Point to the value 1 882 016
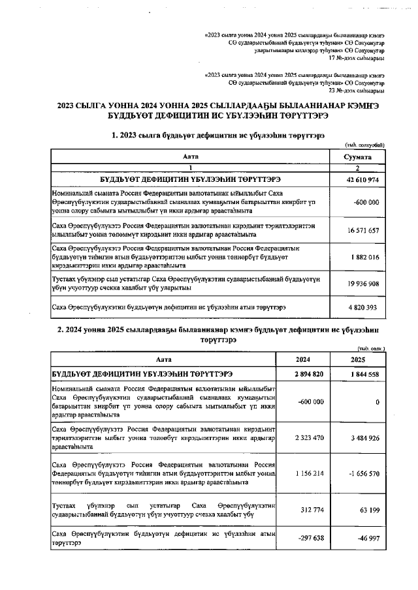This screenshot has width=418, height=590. [364, 258]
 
